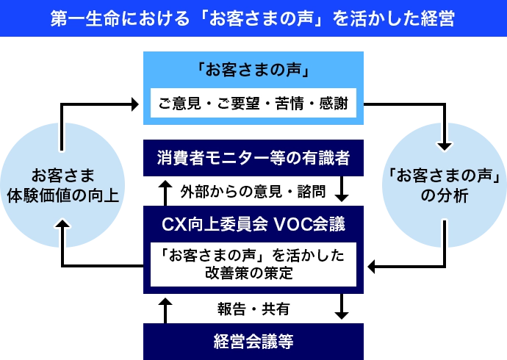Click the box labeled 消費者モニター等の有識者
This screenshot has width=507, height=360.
click(253, 157)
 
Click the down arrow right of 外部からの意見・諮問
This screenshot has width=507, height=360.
click(342, 191)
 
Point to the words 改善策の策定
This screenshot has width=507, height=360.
click(253, 273)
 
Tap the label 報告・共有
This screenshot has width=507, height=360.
click(252, 309)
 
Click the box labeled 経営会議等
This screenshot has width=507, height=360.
click(253, 342)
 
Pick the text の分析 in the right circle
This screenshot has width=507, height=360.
click(443, 195)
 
